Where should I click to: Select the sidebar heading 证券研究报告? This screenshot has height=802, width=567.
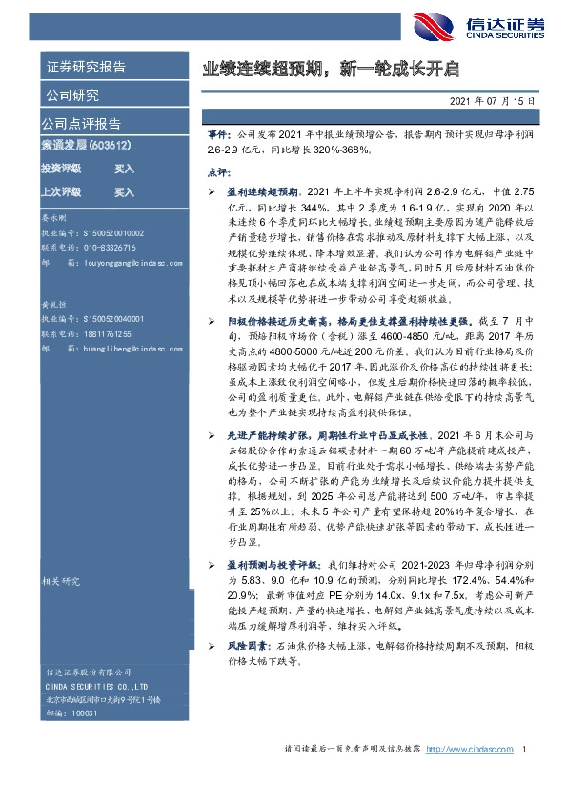pos(84,68)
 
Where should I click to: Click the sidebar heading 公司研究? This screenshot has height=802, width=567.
pos(71,95)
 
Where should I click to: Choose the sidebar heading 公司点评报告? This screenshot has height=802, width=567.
pos(80,124)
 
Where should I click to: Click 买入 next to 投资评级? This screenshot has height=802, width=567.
pos(124,169)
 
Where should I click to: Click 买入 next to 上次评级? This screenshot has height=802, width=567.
pos(124,191)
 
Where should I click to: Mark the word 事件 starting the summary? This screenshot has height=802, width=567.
pos(217,137)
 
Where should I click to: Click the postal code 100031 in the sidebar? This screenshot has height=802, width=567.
pos(86,712)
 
